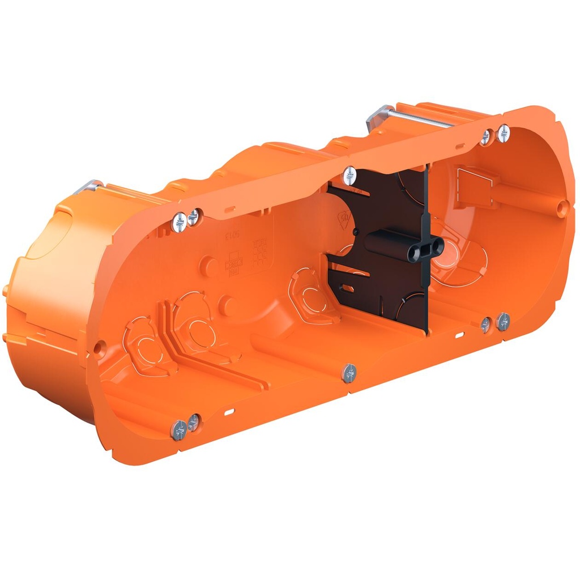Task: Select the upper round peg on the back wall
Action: coord(210,265)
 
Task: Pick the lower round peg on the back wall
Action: coord(228,306)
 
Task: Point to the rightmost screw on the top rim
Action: coord(504,133)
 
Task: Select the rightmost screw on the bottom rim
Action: coord(503,322)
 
